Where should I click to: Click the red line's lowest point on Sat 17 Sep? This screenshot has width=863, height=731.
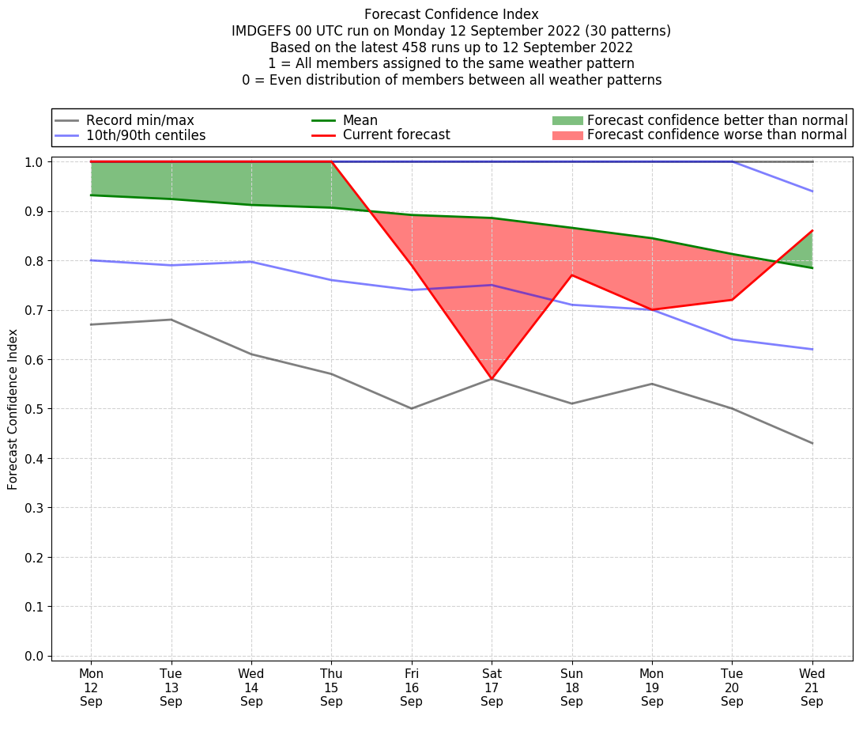tap(492, 379)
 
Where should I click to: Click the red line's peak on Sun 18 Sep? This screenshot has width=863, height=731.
tap(571, 275)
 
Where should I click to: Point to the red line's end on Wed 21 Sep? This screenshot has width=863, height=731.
tap(812, 231)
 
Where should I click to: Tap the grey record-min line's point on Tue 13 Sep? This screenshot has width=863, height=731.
tap(171, 320)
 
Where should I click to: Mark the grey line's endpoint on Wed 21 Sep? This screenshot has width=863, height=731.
tap(812, 443)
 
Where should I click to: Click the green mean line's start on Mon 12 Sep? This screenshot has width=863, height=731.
tap(92, 195)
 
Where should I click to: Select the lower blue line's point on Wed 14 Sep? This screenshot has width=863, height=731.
tap(251, 262)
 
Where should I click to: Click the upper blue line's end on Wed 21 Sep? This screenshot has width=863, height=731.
tap(812, 191)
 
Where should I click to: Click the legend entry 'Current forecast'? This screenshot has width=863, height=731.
tap(396, 135)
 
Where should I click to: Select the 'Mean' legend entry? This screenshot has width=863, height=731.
tap(360, 120)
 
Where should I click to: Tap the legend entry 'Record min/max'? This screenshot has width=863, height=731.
tap(139, 120)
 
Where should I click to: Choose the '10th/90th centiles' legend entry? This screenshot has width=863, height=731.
tap(145, 135)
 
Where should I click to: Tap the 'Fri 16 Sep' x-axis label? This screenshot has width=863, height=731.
tap(411, 687)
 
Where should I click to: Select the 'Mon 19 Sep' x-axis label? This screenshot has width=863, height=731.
tap(652, 687)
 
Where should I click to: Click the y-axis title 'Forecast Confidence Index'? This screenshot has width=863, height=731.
tap(13, 410)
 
